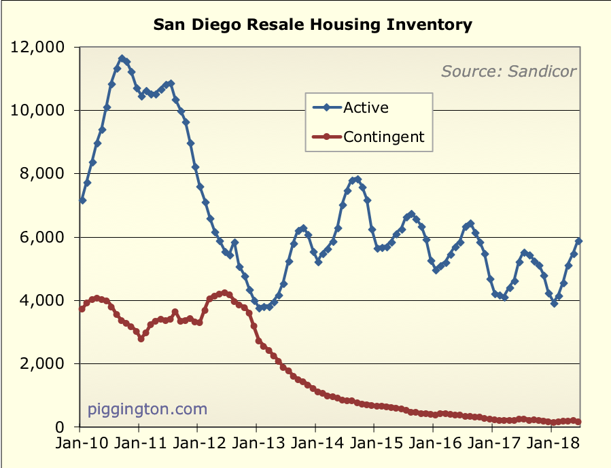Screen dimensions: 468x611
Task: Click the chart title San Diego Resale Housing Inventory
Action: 312,26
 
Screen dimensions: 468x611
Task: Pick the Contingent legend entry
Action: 383,137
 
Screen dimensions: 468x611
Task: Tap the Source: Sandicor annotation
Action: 508,71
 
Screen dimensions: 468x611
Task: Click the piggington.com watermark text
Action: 147,409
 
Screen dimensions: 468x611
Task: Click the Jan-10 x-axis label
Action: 80,448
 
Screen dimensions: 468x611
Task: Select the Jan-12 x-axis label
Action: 197,448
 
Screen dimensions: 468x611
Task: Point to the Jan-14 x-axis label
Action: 315,448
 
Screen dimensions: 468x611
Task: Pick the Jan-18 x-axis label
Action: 549,448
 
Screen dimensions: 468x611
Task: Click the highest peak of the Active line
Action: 122,58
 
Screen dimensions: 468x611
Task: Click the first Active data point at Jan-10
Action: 82,200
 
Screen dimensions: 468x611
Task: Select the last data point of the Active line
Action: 579,241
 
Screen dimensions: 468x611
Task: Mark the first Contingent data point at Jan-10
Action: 82,308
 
